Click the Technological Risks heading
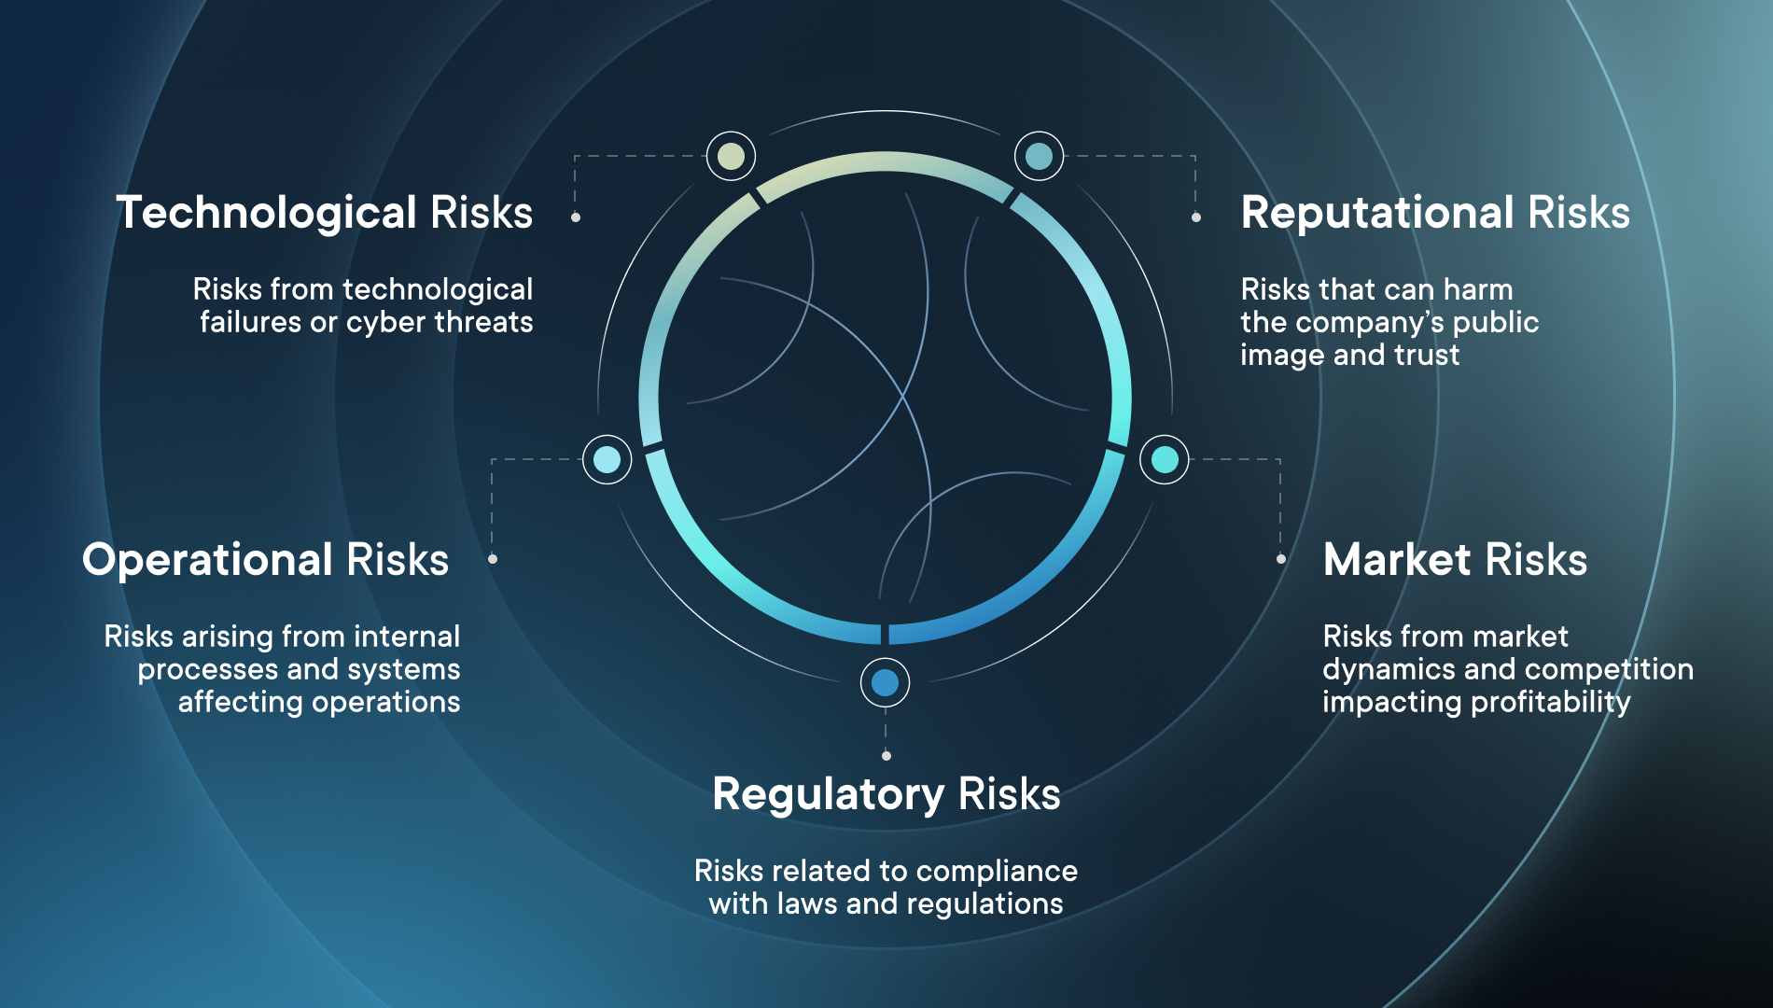tap(324, 214)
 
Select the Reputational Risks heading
tap(1435, 214)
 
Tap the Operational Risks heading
tap(266, 561)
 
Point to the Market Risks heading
tap(1455, 560)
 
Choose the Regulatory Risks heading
tap(886, 795)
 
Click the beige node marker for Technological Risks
tap(731, 156)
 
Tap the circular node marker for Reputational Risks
tap(1039, 156)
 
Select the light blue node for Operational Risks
tap(607, 459)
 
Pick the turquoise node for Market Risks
tap(1164, 459)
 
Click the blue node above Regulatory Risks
tap(885, 682)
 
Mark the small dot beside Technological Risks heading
tap(576, 217)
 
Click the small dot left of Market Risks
tap(1281, 559)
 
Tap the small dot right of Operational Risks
tap(493, 559)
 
